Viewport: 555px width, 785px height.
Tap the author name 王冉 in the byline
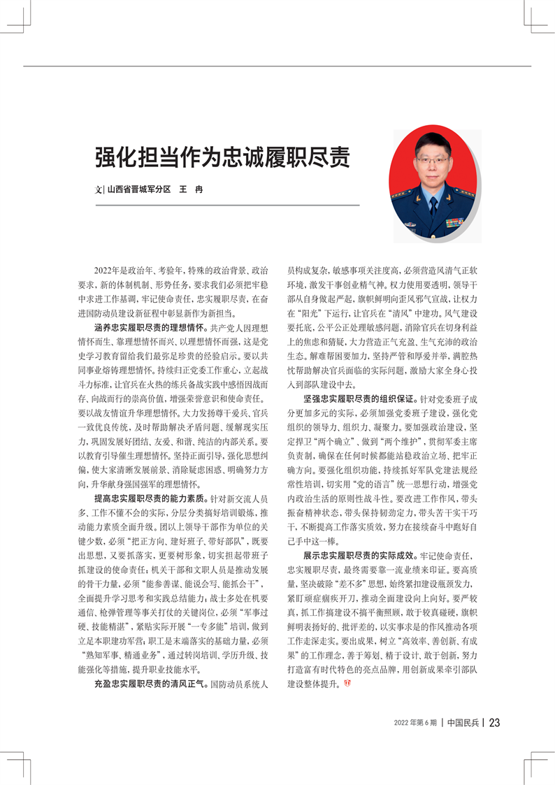[191, 190]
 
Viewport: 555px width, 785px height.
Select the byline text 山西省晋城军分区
[139, 190]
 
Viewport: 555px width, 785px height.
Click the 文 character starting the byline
[99, 190]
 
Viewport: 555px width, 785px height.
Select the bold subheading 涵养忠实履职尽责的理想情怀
[150, 326]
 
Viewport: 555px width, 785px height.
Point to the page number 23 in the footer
[494, 722]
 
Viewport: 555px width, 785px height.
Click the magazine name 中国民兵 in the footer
[463, 722]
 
